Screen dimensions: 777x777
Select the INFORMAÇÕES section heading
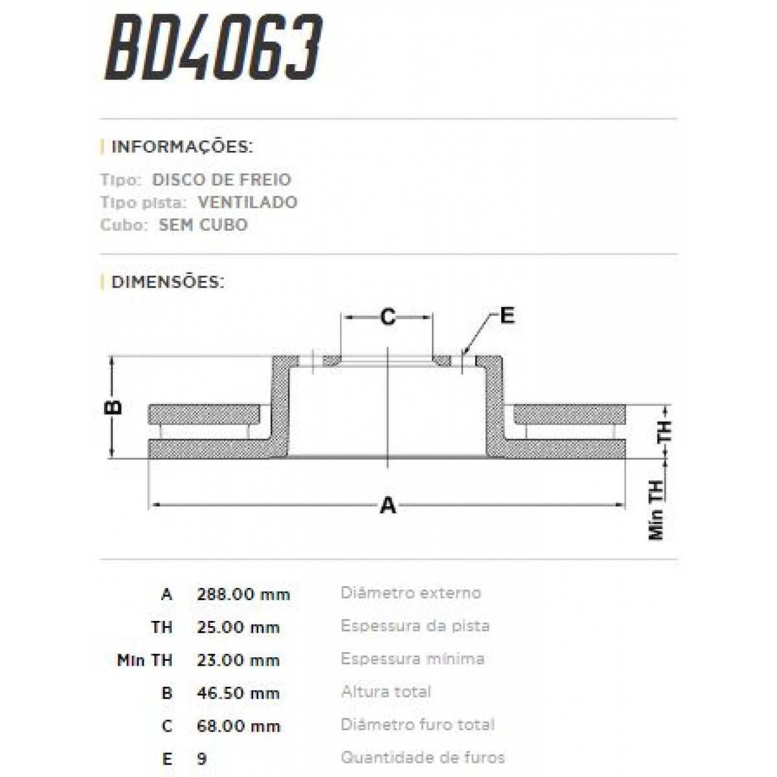point(181,146)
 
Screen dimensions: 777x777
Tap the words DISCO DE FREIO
point(221,179)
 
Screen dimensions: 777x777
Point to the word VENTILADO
point(247,202)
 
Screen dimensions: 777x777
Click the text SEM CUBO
point(203,225)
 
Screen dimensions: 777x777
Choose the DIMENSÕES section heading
point(168,282)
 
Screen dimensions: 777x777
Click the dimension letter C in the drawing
point(387,317)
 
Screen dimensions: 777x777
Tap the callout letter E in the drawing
point(507,315)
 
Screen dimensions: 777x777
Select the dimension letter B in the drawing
point(113,407)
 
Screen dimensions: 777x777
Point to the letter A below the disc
point(387,505)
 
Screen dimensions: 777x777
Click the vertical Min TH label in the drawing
point(657,511)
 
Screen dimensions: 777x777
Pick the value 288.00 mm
point(243,594)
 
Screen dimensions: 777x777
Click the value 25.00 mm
point(238,627)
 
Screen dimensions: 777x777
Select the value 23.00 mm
point(238,660)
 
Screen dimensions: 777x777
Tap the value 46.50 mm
point(238,693)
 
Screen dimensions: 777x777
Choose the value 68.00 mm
point(238,726)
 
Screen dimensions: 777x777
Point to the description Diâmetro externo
point(411,593)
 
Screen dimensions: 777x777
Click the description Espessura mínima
point(412,659)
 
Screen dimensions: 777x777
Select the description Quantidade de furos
point(423,758)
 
